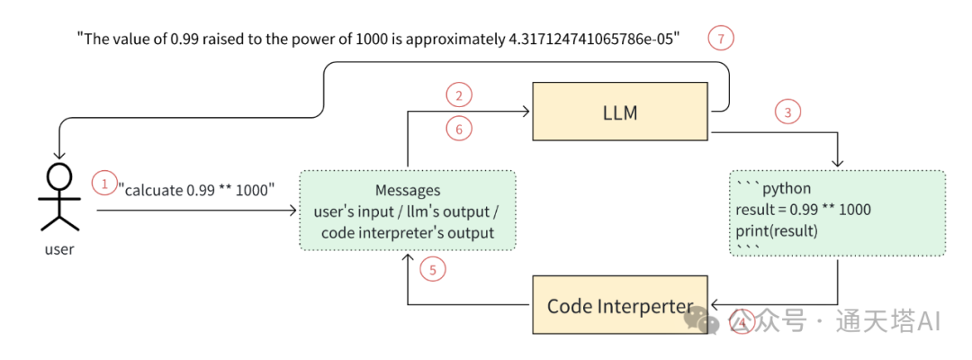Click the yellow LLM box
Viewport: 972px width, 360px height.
coord(621,111)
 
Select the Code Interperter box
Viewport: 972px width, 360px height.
coord(620,306)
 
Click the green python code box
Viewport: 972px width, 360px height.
coord(837,213)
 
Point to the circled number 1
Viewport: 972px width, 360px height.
coord(104,184)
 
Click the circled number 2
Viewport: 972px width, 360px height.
coord(459,94)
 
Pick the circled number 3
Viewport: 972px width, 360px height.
coord(787,112)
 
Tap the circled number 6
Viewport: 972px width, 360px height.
coord(459,130)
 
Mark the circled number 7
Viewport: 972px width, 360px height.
coord(720,39)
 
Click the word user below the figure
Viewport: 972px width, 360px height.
coord(59,249)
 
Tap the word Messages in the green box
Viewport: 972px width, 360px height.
coord(408,191)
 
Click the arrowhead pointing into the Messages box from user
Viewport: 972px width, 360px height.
coord(293,211)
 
